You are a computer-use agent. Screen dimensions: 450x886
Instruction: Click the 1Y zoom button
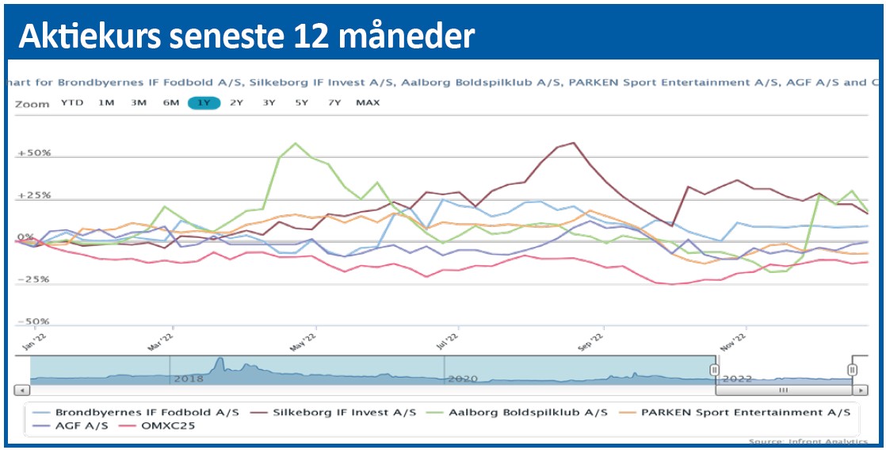point(204,102)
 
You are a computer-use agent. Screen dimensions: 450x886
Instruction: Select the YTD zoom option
point(73,102)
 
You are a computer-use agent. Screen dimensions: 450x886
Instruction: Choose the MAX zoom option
point(368,102)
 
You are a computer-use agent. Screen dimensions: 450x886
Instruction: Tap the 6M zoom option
point(171,102)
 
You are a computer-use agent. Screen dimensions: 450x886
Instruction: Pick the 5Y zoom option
point(301,102)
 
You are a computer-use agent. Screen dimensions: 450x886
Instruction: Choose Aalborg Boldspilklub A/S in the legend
point(527,413)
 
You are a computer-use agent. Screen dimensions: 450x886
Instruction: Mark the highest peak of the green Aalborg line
point(296,144)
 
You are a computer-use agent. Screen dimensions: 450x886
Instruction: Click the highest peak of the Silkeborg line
point(573,143)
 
